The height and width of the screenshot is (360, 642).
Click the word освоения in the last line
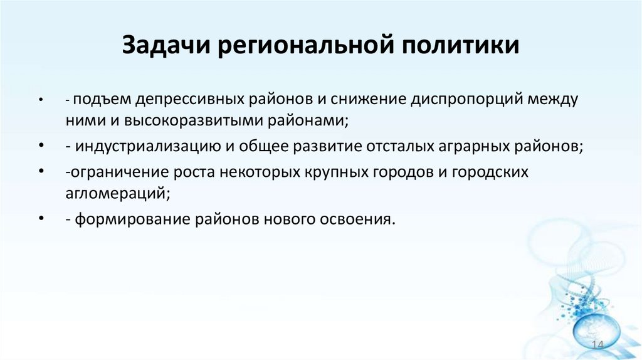coord(360,220)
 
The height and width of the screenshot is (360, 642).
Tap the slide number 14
coord(597,347)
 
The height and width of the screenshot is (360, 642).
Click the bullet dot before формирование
coord(41,220)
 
